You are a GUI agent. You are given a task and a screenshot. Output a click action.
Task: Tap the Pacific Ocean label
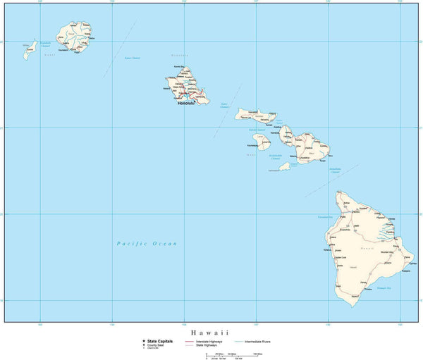coord(147,243)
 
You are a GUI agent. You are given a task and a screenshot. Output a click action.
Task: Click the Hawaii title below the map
coord(211,331)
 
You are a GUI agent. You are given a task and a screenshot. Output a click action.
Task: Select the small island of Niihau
coord(30,49)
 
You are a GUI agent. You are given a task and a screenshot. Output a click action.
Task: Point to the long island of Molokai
coord(257,115)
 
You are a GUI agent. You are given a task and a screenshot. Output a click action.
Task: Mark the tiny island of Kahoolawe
coord(284,166)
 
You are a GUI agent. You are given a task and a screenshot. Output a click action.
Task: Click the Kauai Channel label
coord(132,58)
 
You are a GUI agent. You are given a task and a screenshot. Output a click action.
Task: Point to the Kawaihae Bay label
coord(325,217)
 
